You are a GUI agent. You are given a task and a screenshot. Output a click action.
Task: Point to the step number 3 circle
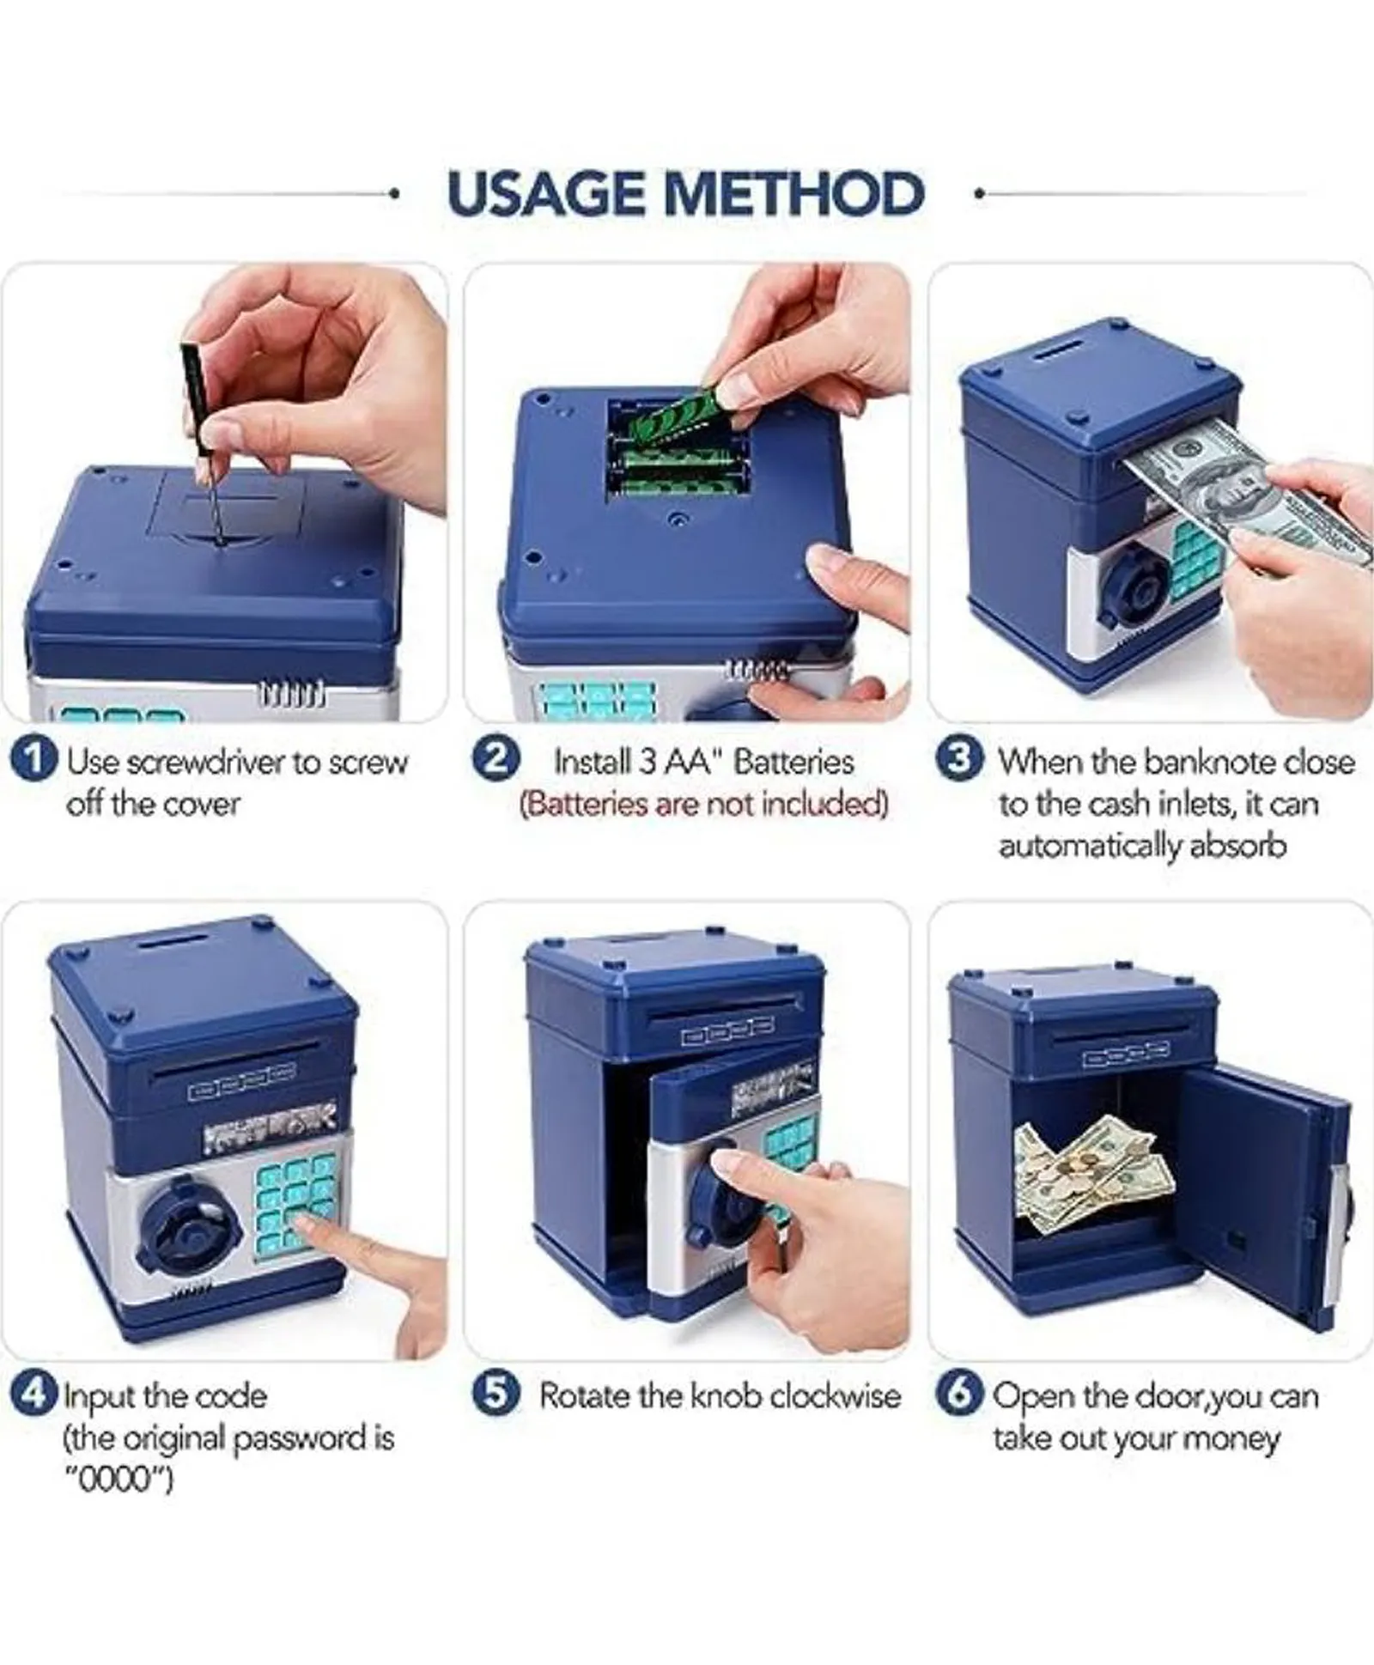coord(959,761)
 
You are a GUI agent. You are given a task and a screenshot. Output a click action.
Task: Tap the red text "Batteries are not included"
coord(703,805)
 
